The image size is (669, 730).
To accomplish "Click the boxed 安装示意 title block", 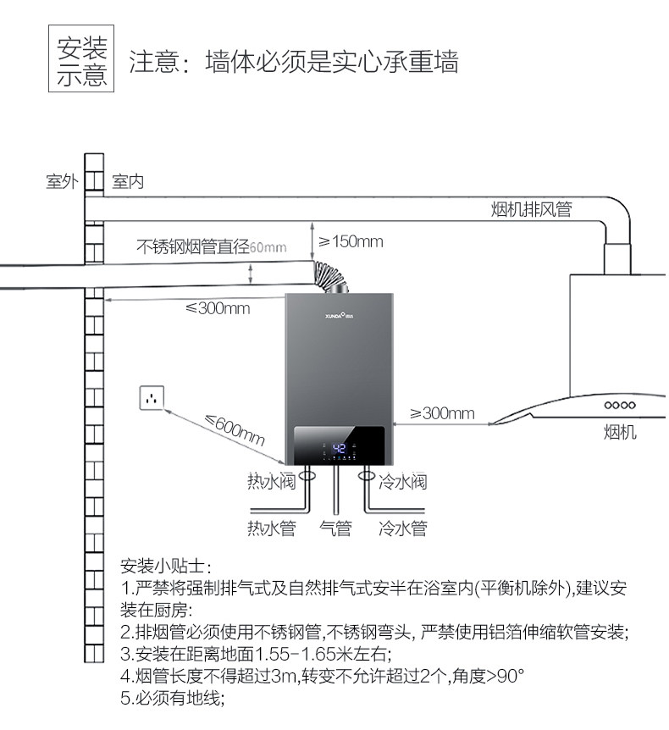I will [x=82, y=62].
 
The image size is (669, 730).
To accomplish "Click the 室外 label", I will [x=62, y=182].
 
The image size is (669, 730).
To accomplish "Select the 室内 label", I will [x=128, y=182].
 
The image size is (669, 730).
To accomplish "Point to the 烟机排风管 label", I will [x=531, y=209].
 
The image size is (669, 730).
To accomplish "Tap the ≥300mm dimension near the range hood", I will [x=442, y=413].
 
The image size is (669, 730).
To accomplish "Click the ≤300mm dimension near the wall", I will [x=218, y=308].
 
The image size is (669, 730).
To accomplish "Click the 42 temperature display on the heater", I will [x=340, y=449].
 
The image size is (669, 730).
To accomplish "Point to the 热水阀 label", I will [x=271, y=484].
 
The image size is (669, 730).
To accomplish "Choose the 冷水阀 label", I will [x=403, y=484].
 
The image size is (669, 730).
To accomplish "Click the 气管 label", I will [x=335, y=529].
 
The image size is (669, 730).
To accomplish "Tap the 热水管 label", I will [x=271, y=529].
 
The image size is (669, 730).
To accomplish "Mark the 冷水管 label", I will [x=403, y=529].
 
